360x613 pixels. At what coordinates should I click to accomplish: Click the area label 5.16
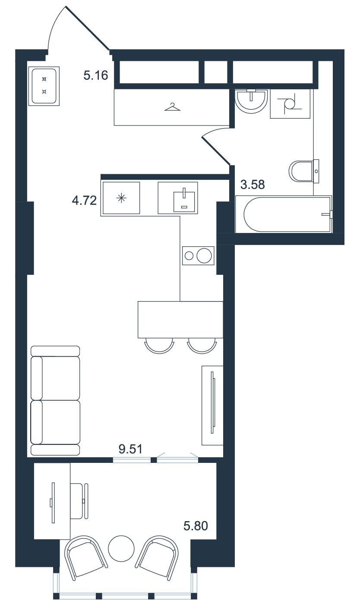point(96,75)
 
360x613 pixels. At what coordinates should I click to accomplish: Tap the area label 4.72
point(84,201)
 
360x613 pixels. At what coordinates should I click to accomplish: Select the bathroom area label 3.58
point(253,185)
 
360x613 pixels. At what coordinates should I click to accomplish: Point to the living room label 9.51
point(130,449)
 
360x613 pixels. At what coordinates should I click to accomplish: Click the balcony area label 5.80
point(196,526)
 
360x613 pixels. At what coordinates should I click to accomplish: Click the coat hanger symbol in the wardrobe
point(173,107)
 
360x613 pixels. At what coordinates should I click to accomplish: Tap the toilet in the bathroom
point(304,171)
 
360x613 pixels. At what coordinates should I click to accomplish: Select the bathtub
point(284,214)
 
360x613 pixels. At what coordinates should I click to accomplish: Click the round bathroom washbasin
point(251,101)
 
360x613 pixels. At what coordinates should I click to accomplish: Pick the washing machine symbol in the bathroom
point(290,104)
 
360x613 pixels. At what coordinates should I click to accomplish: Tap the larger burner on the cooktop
point(204,256)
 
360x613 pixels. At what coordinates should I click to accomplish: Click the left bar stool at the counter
point(159,346)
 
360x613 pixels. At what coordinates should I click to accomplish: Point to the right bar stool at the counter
point(202,346)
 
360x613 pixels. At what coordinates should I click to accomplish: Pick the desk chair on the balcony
point(79,501)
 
